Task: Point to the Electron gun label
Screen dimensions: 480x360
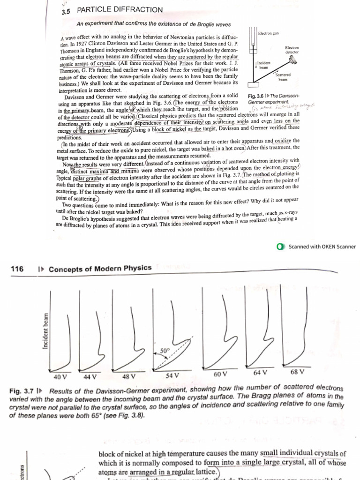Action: click(269, 34)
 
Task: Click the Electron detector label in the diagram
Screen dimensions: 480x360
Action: click(292, 49)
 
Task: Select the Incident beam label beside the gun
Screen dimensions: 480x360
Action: click(263, 65)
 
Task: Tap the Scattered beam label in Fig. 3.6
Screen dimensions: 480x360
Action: click(283, 77)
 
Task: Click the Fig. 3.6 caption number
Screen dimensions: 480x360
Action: click(256, 96)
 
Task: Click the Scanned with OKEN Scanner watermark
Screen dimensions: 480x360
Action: click(322, 247)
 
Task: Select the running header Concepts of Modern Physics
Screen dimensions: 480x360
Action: click(100, 268)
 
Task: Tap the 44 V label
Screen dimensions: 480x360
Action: click(90, 376)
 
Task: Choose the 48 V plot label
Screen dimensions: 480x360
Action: click(128, 376)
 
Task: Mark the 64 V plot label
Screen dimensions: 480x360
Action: click(260, 373)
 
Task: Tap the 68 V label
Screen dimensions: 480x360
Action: click(297, 372)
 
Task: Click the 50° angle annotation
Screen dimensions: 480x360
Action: click(164, 350)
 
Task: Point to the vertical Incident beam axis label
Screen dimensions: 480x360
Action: click(45, 331)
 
